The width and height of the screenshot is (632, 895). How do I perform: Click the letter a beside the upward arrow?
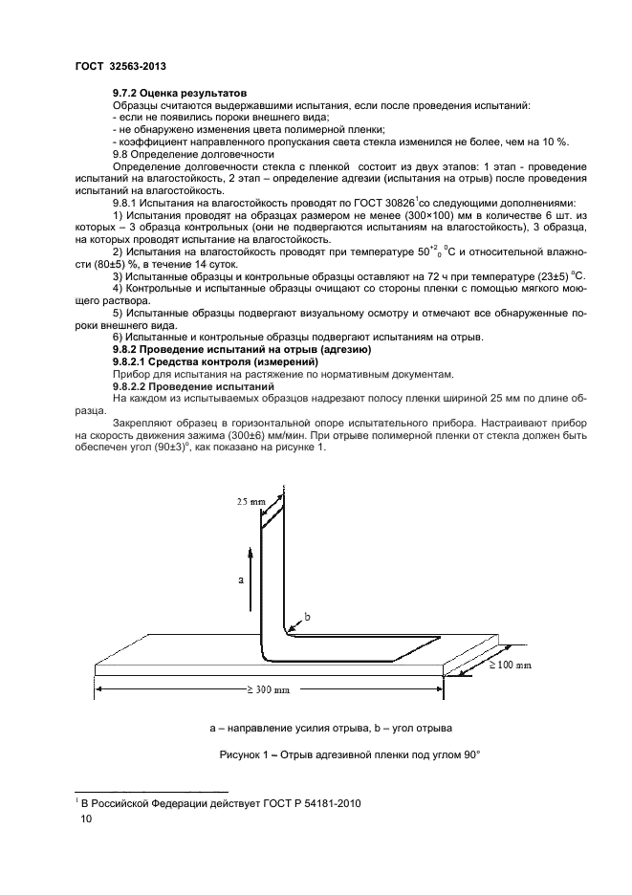point(240,579)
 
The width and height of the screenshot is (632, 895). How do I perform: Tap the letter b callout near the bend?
point(307,617)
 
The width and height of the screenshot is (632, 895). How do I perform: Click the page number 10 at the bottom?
point(86,819)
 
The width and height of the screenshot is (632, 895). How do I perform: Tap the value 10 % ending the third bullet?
point(555,142)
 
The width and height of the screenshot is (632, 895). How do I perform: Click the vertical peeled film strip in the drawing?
point(270,574)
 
